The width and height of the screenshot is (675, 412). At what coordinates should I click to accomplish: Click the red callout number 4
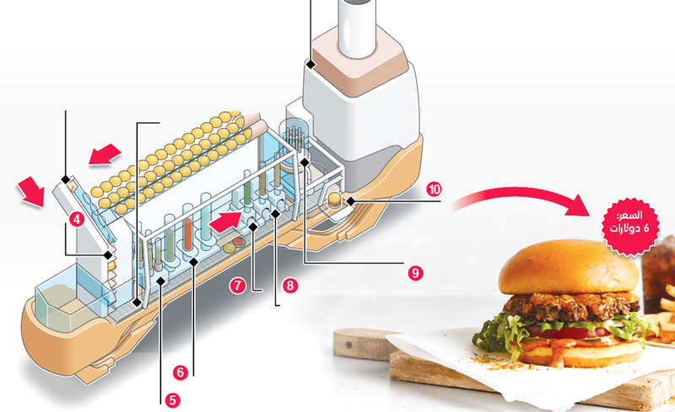(76, 220)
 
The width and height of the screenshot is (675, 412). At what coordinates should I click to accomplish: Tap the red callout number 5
(172, 400)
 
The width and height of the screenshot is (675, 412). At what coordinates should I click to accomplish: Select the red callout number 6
(181, 372)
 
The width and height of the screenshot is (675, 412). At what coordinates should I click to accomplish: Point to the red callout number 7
(238, 286)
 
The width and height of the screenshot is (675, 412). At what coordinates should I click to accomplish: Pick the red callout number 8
(290, 285)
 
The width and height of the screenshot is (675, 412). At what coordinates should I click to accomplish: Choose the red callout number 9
(415, 273)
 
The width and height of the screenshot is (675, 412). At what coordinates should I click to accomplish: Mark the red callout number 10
(434, 190)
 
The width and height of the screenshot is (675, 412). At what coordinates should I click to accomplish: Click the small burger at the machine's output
(335, 200)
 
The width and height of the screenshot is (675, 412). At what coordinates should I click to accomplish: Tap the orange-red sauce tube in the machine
(187, 234)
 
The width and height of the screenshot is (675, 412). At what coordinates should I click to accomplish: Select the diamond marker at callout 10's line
(351, 201)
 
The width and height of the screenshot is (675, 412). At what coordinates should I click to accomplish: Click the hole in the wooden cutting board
(348, 345)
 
